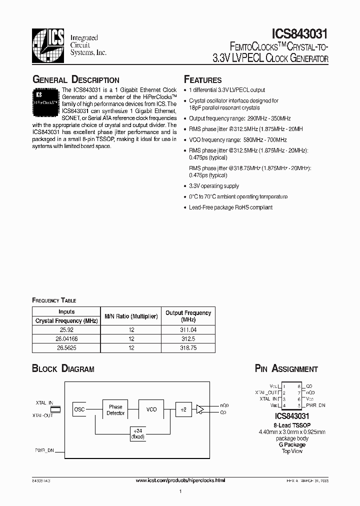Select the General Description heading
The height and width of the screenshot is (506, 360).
(x=75, y=80)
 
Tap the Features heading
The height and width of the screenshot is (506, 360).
(x=202, y=80)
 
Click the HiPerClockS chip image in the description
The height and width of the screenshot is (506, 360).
(x=46, y=100)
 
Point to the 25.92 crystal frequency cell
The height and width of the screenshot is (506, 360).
(x=66, y=329)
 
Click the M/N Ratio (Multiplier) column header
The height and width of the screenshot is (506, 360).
(x=131, y=316)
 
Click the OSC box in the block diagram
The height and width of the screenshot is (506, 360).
(x=79, y=409)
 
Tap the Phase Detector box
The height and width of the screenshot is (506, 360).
(x=115, y=409)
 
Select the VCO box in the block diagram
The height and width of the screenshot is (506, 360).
(x=151, y=409)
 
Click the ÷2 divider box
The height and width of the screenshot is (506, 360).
(x=183, y=409)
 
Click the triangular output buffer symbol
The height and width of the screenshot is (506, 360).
(x=201, y=409)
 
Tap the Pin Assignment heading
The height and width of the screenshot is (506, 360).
(x=286, y=369)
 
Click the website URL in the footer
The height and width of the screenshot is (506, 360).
(x=180, y=480)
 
